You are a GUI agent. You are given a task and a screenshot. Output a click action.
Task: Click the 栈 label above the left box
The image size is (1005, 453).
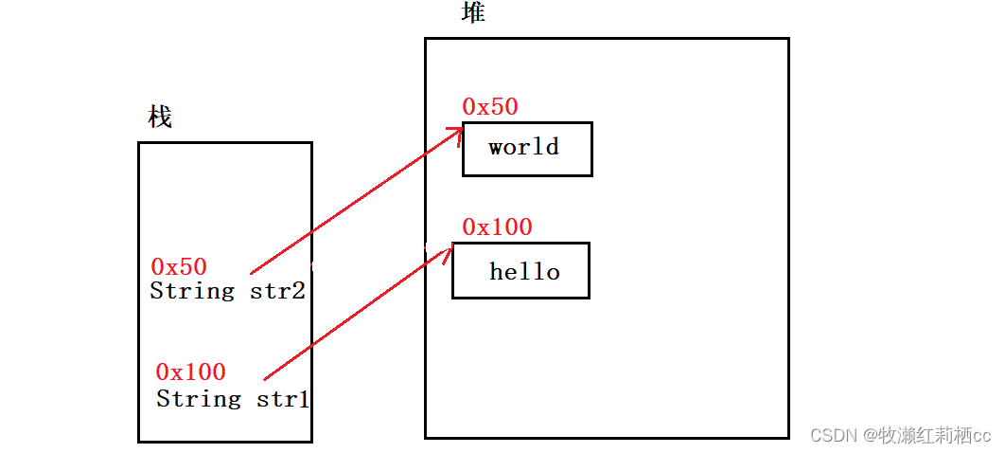point(160,118)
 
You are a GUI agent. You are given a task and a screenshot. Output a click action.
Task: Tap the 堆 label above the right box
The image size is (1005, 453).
point(473,13)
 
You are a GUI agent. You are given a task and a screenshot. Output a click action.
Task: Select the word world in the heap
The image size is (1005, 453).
point(523,147)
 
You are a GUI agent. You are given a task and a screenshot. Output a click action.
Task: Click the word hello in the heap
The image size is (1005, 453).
point(524,272)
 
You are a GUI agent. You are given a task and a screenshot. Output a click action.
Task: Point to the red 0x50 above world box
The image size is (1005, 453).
point(490,107)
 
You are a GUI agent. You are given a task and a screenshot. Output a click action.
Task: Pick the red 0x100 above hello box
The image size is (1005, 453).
point(497,227)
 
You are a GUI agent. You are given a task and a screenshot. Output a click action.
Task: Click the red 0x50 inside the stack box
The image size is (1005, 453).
point(179,267)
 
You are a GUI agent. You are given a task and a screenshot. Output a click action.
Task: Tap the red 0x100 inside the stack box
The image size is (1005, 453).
point(190,371)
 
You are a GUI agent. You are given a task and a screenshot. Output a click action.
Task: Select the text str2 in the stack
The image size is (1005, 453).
point(277,291)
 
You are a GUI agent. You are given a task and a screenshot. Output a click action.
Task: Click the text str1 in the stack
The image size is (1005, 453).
point(283,399)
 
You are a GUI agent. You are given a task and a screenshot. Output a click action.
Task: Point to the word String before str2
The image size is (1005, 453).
point(192,291)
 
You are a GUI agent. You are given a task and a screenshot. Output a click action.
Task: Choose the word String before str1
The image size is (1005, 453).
point(199,399)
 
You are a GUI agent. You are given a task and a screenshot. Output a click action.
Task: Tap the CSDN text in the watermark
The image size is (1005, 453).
point(832,435)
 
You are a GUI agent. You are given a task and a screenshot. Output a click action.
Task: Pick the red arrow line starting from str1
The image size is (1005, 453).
point(355,314)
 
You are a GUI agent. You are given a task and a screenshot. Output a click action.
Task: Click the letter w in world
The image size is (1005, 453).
point(496,147)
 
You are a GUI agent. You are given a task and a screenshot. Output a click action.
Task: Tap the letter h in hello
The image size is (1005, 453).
point(496,272)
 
